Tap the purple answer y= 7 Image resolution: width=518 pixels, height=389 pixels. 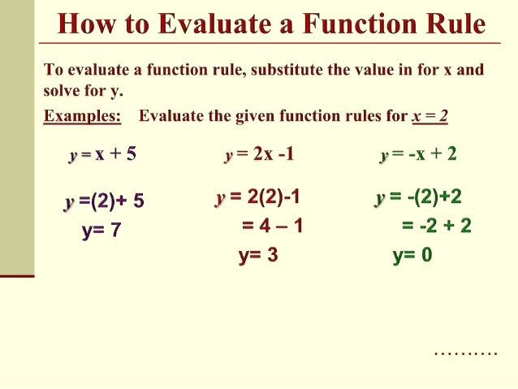click(x=101, y=230)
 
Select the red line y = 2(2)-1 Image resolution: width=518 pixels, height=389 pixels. click(x=258, y=197)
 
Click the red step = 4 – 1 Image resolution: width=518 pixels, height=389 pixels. click(x=272, y=225)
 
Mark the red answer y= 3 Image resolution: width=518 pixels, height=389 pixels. click(x=258, y=256)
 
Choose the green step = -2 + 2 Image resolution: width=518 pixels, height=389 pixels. click(x=436, y=225)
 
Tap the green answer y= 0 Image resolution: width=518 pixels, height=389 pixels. click(x=412, y=256)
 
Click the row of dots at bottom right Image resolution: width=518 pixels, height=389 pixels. click(x=465, y=353)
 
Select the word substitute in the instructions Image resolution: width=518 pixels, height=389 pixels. click(x=291, y=70)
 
